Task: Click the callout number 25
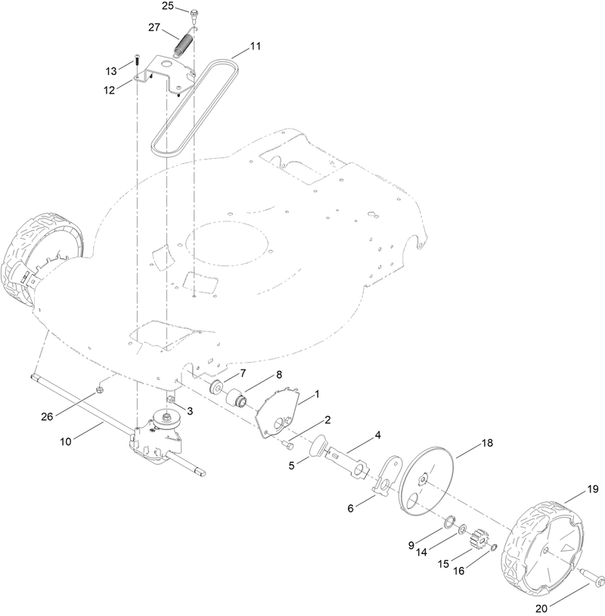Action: coord(168,6)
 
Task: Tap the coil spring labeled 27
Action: coord(181,45)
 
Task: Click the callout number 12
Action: coord(110,89)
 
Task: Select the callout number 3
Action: coord(190,410)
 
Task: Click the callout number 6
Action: coord(351,509)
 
